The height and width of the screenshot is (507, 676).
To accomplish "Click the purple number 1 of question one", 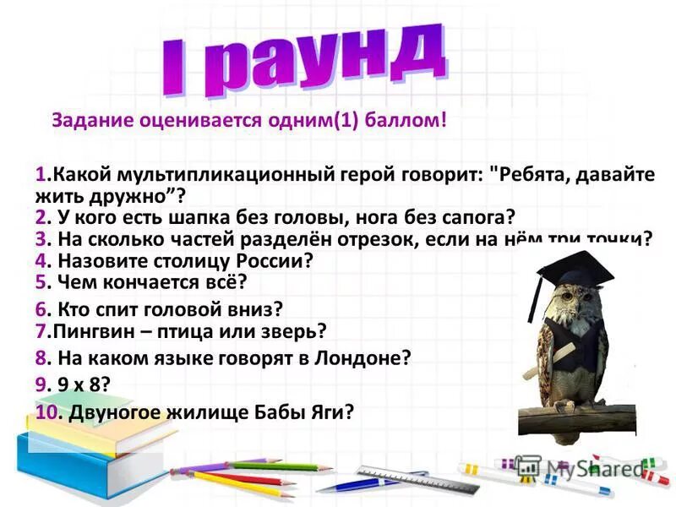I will pos(40,175).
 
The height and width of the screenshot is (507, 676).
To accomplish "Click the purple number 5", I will pos(40,282).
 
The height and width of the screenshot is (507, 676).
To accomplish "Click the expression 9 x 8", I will pos(83,384).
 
